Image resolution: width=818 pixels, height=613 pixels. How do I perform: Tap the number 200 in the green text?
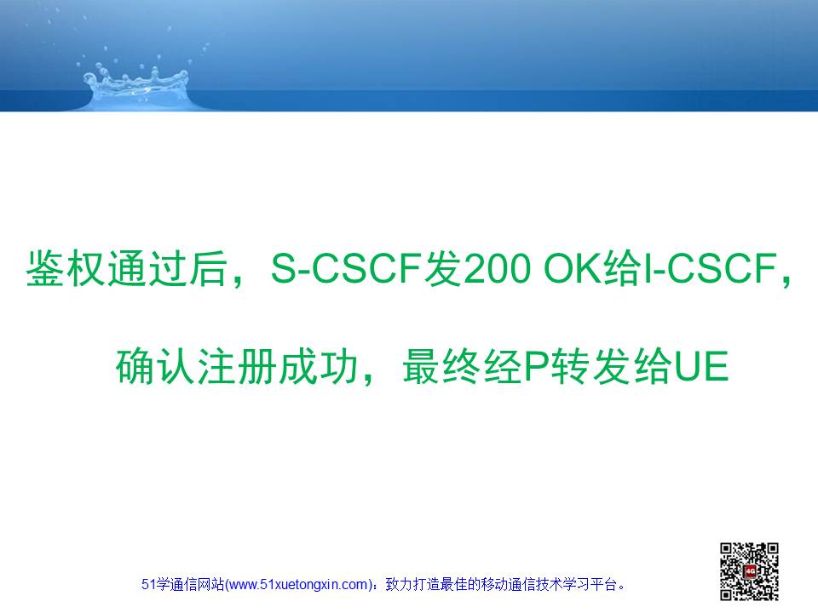tap(497, 268)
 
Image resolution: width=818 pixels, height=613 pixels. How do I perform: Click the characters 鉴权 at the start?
tap(66, 268)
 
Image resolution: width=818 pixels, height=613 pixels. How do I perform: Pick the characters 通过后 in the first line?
tap(168, 268)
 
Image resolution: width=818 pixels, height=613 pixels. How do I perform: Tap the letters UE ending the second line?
tap(701, 366)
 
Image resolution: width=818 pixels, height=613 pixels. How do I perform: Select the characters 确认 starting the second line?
tap(156, 366)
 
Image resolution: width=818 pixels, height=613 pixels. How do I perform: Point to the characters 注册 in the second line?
tap(237, 366)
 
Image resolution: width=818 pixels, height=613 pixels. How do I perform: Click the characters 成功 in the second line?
tap(318, 366)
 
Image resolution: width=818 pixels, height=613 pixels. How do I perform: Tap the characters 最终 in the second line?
tap(443, 366)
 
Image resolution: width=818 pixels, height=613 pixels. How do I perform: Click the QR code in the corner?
tap(749, 571)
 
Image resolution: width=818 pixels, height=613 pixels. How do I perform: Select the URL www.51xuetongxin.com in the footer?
tap(298, 584)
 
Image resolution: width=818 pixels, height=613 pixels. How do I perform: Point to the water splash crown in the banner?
tap(136, 83)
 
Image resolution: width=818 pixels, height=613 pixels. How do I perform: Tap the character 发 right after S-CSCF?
tap(442, 268)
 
